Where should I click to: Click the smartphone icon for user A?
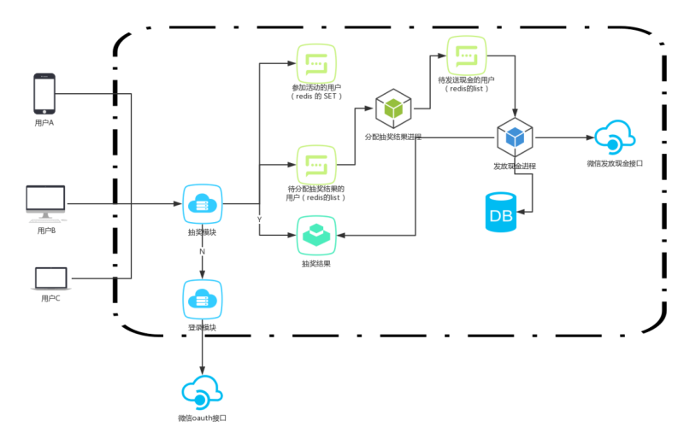pyautogui.click(x=44, y=93)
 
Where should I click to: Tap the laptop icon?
pyautogui.click(x=51, y=279)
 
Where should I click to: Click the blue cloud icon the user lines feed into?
pyautogui.click(x=203, y=204)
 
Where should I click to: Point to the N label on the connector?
pyautogui.click(x=202, y=251)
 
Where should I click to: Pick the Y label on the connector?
pyautogui.click(x=259, y=219)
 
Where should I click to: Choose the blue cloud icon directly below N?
pyautogui.click(x=203, y=300)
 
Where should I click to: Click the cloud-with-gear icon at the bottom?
pyautogui.click(x=203, y=392)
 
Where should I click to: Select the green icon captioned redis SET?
pyautogui.click(x=316, y=63)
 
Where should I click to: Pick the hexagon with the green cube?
pyautogui.click(x=393, y=108)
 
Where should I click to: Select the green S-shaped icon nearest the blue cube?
pyautogui.click(x=467, y=56)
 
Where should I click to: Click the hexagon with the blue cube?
pyautogui.click(x=515, y=137)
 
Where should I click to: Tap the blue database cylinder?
pyautogui.click(x=501, y=212)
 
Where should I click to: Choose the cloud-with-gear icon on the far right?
pyautogui.click(x=615, y=137)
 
